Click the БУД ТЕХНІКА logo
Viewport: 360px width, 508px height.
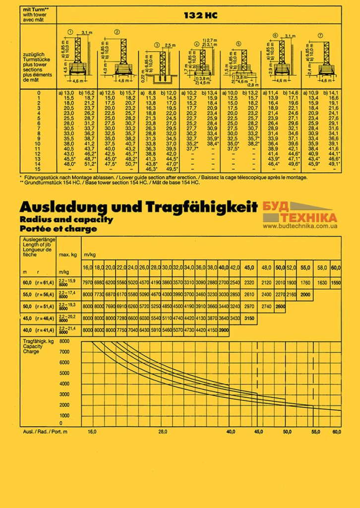[x=300, y=213]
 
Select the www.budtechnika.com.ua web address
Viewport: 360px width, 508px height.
[x=300, y=226]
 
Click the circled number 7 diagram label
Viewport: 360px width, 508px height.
[x=321, y=36]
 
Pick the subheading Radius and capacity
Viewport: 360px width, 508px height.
[x=66, y=219]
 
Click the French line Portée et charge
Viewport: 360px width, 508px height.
[x=59, y=229]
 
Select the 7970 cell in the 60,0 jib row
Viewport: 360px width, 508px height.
[x=87, y=283]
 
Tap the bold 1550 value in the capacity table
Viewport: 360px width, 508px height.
[x=336, y=283]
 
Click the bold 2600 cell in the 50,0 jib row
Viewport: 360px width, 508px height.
[x=280, y=307]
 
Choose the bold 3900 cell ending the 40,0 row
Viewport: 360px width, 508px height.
[x=223, y=330]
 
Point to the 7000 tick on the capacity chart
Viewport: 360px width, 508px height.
[x=64, y=351]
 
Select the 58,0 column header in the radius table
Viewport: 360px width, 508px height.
[x=322, y=268]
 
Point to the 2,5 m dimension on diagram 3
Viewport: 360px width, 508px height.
[x=170, y=45]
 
